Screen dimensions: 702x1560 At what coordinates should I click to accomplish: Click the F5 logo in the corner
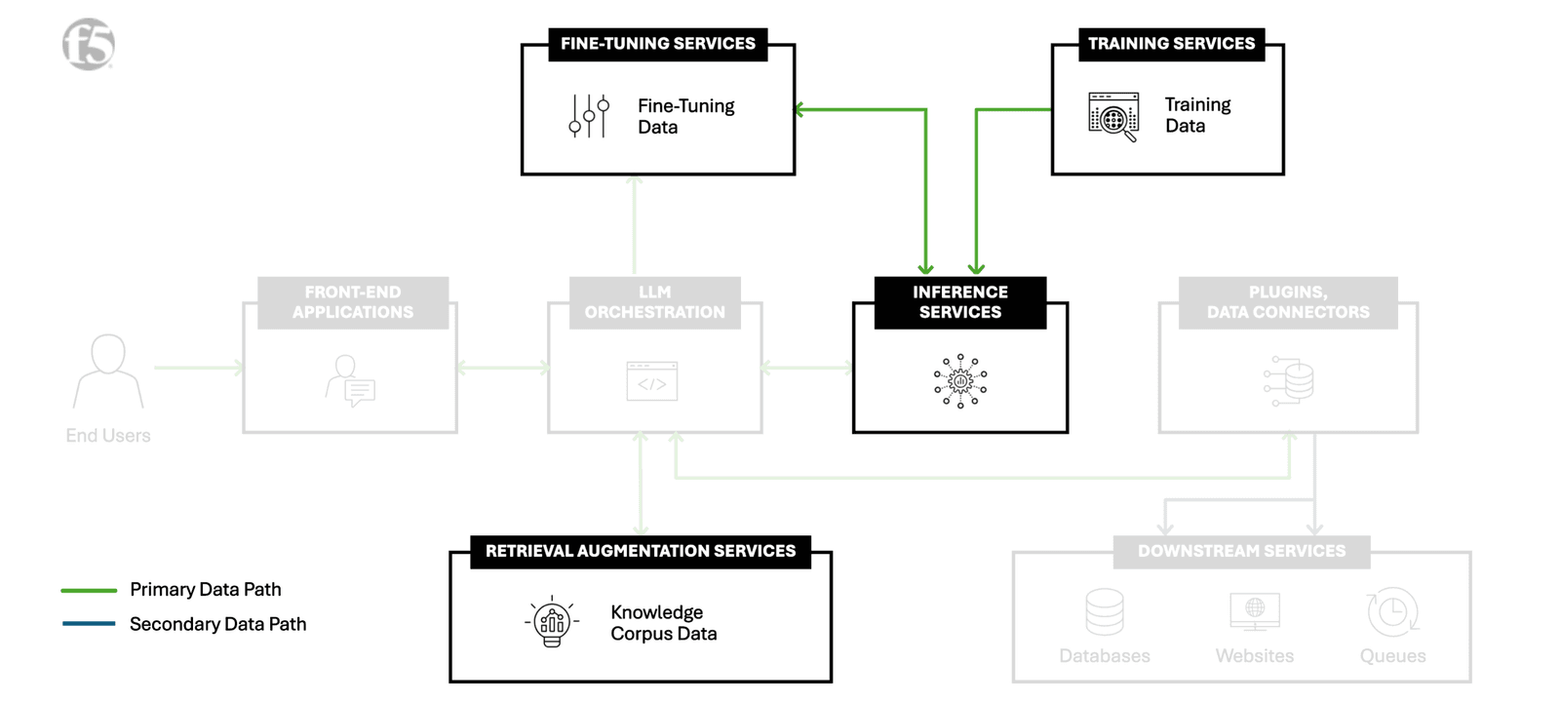pos(89,44)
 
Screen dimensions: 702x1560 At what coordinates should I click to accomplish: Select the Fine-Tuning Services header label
pos(658,44)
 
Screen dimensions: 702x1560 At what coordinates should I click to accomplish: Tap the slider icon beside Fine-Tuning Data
pos(589,116)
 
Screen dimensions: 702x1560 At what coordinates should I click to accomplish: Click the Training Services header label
pos(1171,44)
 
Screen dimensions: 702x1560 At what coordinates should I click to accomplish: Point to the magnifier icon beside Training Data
pos(1113,117)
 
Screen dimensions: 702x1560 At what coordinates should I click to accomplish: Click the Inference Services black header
pos(960,302)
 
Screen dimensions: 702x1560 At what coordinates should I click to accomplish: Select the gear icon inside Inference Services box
pos(960,381)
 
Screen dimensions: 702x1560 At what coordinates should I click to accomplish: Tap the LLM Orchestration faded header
pos(654,302)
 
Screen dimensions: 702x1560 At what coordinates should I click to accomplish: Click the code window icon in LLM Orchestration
pos(652,381)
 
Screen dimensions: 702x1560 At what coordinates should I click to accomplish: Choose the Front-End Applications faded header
pos(353,302)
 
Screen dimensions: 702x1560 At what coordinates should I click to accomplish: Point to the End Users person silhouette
pos(108,370)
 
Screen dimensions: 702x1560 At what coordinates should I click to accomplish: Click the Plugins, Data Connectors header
pos(1288,302)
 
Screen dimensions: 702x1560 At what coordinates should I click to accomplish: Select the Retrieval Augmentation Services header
pos(641,551)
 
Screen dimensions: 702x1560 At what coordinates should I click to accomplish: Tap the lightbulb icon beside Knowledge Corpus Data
pos(552,621)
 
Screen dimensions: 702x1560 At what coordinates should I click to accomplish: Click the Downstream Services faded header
pos(1241,551)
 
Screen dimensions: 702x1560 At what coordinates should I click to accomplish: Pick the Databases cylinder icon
pos(1105,611)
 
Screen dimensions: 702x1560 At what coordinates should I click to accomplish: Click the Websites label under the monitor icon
pos(1255,656)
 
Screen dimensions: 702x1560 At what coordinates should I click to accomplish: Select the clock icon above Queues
pos(1392,612)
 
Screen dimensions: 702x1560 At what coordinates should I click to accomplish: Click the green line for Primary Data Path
pos(89,590)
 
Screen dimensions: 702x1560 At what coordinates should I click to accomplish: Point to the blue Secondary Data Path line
pos(89,624)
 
